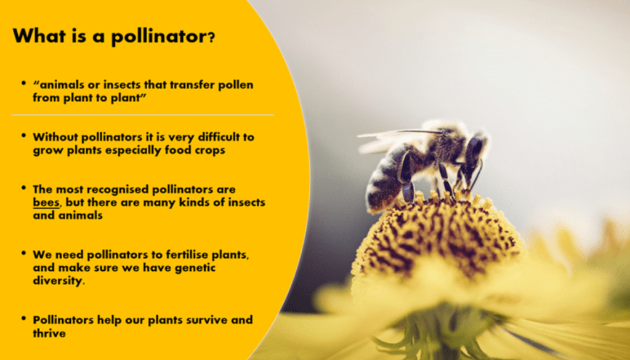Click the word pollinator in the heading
(x=159, y=36)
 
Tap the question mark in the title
(x=211, y=38)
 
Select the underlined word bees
(x=46, y=202)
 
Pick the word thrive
(x=49, y=333)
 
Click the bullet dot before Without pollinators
(x=23, y=135)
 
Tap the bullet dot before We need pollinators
(x=23, y=254)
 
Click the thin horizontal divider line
(x=143, y=115)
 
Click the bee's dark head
(x=475, y=151)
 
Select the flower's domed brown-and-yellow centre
(x=438, y=237)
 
